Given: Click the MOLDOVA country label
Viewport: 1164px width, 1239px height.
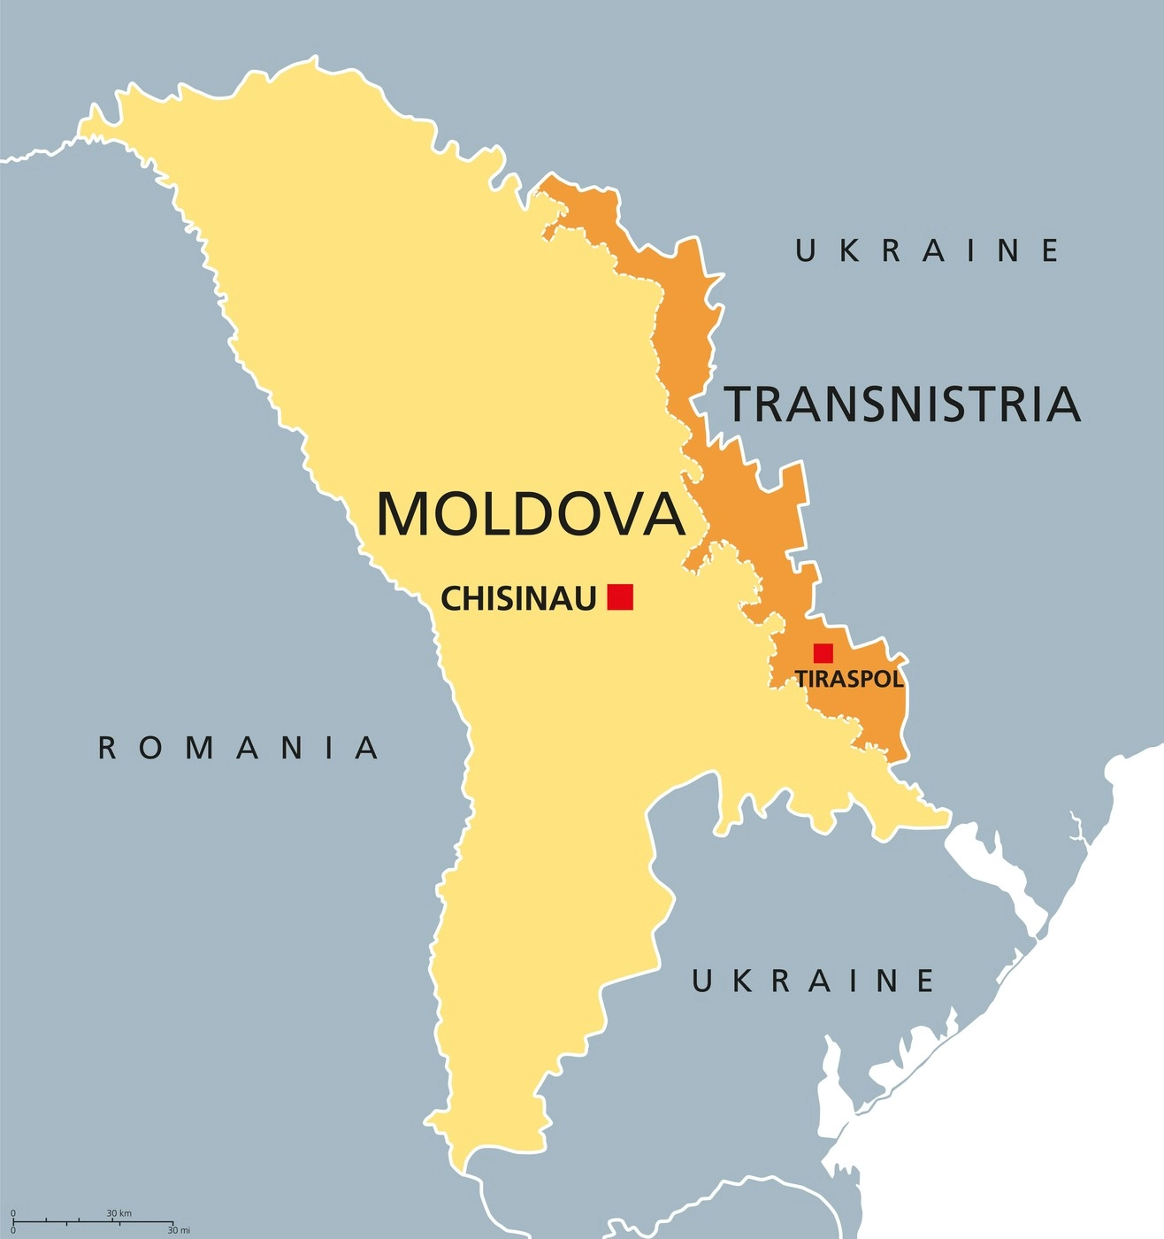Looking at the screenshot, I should (x=531, y=513).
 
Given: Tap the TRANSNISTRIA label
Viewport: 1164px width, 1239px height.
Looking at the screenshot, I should (x=902, y=404).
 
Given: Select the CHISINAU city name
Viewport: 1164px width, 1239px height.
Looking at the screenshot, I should (x=518, y=599).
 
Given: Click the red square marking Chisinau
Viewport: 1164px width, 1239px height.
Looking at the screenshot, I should (x=620, y=596).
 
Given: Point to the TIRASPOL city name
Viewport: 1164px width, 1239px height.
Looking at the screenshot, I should (x=849, y=680).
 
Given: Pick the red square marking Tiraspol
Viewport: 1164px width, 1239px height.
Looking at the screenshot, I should (x=823, y=653).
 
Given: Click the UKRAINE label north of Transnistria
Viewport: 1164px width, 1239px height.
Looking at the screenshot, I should (x=927, y=251).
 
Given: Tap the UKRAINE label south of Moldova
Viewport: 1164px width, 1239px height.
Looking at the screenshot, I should (x=813, y=981).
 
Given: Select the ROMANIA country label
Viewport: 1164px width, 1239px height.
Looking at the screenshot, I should (x=238, y=749).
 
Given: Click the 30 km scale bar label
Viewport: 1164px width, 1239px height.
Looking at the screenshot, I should (x=119, y=1212).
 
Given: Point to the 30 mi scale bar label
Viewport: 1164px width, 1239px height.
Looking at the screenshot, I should (x=179, y=1230).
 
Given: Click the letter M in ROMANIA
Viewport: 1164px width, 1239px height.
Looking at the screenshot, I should (x=201, y=749).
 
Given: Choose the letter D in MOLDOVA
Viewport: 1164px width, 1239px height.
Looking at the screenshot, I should (x=528, y=513).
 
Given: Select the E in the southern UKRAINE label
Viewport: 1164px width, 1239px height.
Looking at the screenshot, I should (x=925, y=981).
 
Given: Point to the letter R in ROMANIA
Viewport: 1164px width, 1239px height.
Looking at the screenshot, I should (x=107, y=749).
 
